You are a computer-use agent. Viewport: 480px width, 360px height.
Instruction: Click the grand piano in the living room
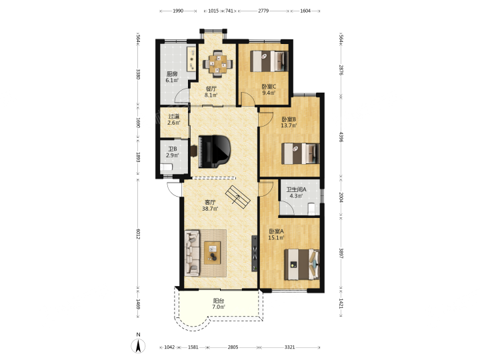(214, 151)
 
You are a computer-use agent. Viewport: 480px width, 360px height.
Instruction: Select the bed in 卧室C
(269, 61)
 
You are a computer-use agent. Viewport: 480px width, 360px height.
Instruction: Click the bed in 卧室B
(300, 153)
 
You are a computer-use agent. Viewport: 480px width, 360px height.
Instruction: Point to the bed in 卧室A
(302, 264)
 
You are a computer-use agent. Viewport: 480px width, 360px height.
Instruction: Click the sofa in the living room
(192, 253)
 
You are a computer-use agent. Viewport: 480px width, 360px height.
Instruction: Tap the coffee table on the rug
(213, 253)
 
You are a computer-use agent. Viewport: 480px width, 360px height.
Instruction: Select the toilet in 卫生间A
(311, 209)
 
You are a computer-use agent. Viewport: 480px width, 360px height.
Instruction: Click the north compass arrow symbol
(139, 346)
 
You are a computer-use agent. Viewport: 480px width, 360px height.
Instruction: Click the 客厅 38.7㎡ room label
(210, 205)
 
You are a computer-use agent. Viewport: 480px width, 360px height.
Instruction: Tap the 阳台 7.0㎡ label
(219, 304)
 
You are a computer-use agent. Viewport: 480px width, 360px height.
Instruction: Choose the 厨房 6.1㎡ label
(172, 77)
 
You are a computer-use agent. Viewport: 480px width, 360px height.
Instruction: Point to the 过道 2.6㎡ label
(173, 119)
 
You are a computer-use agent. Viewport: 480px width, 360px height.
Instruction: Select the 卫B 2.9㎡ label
(173, 152)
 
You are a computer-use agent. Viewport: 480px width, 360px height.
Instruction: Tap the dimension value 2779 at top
(263, 11)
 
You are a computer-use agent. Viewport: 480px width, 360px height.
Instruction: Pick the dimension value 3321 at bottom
(289, 347)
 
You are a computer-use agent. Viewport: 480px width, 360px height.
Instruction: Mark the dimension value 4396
(341, 137)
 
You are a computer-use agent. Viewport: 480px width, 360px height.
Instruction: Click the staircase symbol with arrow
(238, 197)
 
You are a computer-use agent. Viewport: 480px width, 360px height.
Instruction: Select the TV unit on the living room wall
(255, 253)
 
